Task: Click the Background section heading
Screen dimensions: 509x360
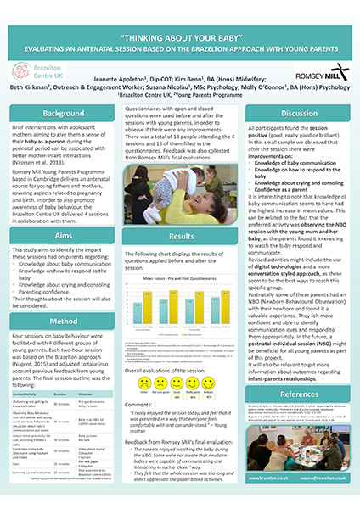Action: tap(64, 113)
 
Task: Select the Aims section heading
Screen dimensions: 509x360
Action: tap(64, 232)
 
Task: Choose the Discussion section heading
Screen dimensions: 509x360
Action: tap(299, 113)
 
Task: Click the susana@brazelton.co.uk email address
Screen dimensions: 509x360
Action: tap(323, 476)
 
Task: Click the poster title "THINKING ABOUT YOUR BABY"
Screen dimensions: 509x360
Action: tap(180, 37)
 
